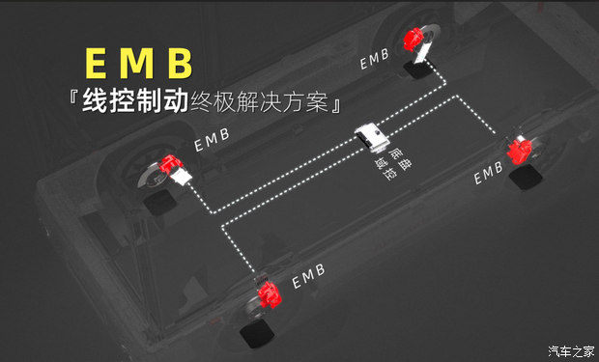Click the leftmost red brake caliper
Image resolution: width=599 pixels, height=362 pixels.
pos(171,167)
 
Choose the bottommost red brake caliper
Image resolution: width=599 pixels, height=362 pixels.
pos(270,293)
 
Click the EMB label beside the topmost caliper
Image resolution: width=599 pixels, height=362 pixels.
pos(376,59)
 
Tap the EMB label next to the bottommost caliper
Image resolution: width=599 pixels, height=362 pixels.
pos(309,275)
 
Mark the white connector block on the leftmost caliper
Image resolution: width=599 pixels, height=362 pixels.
pos(185,176)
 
